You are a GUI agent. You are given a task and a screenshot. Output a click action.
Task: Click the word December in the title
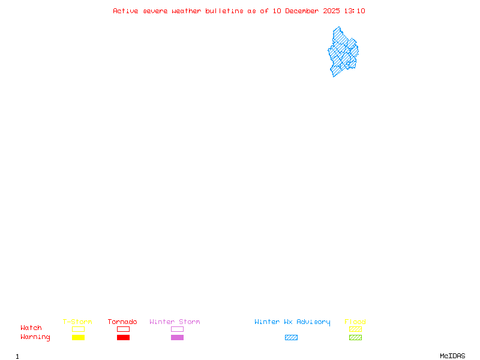pyautogui.click(x=302, y=11)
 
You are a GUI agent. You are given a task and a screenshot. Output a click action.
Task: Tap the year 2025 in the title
pyautogui.click(x=332, y=11)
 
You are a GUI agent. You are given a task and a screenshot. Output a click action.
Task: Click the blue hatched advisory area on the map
pyautogui.click(x=342, y=52)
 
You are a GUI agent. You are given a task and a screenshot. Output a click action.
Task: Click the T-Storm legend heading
pyautogui.click(x=77, y=322)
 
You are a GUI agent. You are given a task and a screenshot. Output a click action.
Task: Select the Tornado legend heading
pyautogui.click(x=122, y=322)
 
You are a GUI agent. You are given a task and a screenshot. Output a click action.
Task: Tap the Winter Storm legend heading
pyautogui.click(x=175, y=322)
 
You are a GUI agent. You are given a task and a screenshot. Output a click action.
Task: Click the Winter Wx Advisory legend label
pyautogui.click(x=292, y=322)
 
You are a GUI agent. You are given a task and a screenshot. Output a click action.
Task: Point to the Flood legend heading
pyautogui.click(x=355, y=322)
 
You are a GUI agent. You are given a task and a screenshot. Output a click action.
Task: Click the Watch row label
pyautogui.click(x=31, y=328)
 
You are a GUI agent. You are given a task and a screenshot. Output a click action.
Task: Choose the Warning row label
pyautogui.click(x=35, y=337)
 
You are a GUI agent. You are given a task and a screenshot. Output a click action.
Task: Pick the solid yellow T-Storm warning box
pyautogui.click(x=79, y=337)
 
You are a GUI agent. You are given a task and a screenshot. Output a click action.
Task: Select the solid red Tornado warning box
pyautogui.click(x=124, y=337)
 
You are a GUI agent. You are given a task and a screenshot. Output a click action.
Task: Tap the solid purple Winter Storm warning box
pyautogui.click(x=177, y=337)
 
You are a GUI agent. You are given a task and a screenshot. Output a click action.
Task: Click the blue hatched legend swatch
pyautogui.click(x=291, y=337)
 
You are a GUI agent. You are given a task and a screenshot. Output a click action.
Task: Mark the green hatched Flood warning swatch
pyautogui.click(x=355, y=337)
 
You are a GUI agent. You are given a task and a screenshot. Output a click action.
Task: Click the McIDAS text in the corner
pyautogui.click(x=452, y=356)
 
